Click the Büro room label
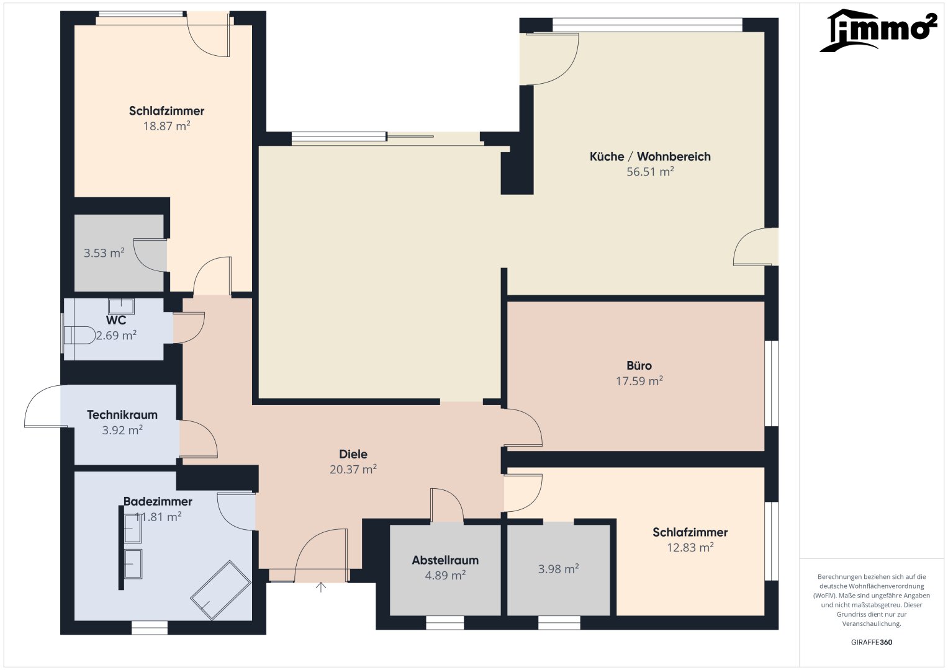[x=639, y=365]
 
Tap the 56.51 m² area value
[x=650, y=171]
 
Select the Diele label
[x=353, y=454]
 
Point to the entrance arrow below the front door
[x=321, y=587]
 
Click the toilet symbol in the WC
[x=79, y=335]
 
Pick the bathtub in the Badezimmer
[x=220, y=590]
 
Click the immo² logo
[x=878, y=30]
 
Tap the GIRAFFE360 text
[x=872, y=642]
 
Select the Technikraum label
[x=122, y=414]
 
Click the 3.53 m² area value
[x=104, y=253]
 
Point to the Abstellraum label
[x=445, y=560]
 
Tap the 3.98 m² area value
[x=558, y=569]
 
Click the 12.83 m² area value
[x=690, y=547]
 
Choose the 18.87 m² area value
[x=167, y=125]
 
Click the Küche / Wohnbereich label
[x=650, y=156]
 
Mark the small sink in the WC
[x=122, y=306]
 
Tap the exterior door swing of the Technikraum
[x=42, y=405]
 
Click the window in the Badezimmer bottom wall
[x=150, y=627]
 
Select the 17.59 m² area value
[x=639, y=381]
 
